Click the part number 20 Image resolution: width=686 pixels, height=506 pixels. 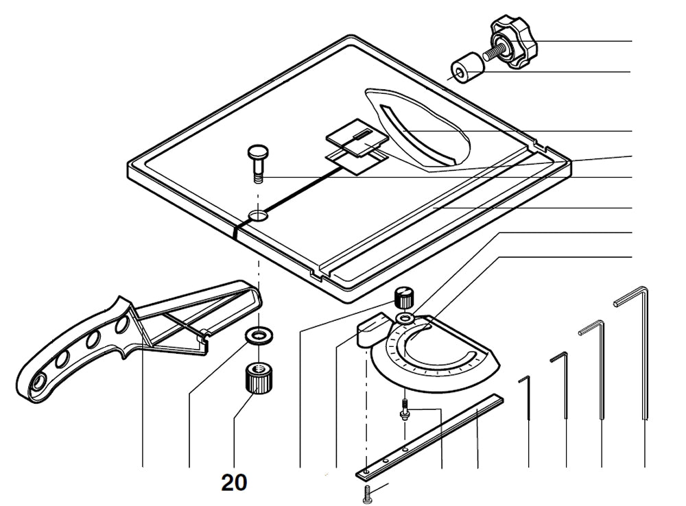[234, 483]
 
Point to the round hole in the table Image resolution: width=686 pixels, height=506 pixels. [259, 216]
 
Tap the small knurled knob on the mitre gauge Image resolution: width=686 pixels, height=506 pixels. [405, 298]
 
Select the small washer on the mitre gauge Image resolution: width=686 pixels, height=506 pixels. [405, 320]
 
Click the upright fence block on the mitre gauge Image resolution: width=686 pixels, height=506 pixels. [372, 329]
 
